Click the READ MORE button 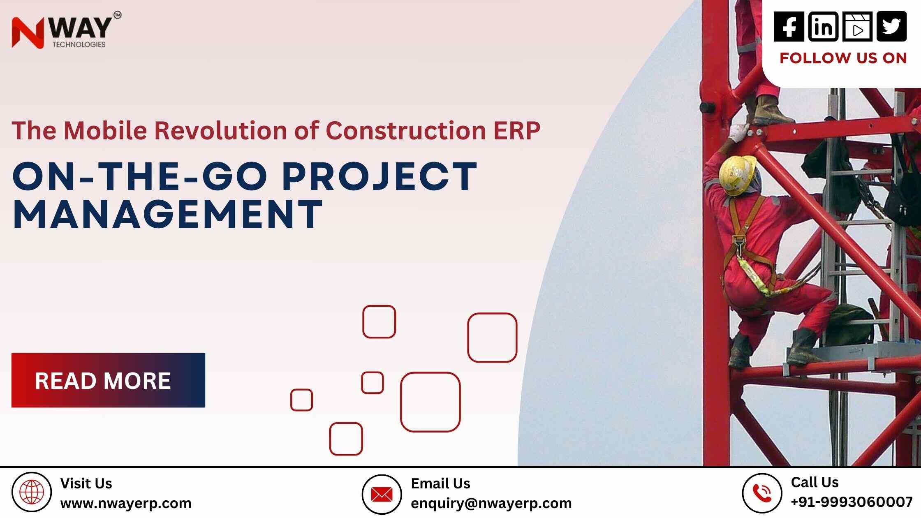click(108, 380)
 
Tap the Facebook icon click(789, 26)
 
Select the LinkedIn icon click(823, 26)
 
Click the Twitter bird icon click(891, 26)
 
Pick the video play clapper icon click(857, 27)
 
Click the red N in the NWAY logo click(28, 33)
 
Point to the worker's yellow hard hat click(738, 174)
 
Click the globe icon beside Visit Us click(32, 492)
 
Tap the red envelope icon click(382, 495)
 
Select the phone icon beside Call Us click(762, 493)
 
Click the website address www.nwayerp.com click(126, 503)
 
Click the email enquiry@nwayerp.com click(491, 503)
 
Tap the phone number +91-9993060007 click(852, 502)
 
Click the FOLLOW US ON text click(843, 58)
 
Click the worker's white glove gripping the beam click(738, 132)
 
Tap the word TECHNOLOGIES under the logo click(79, 44)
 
